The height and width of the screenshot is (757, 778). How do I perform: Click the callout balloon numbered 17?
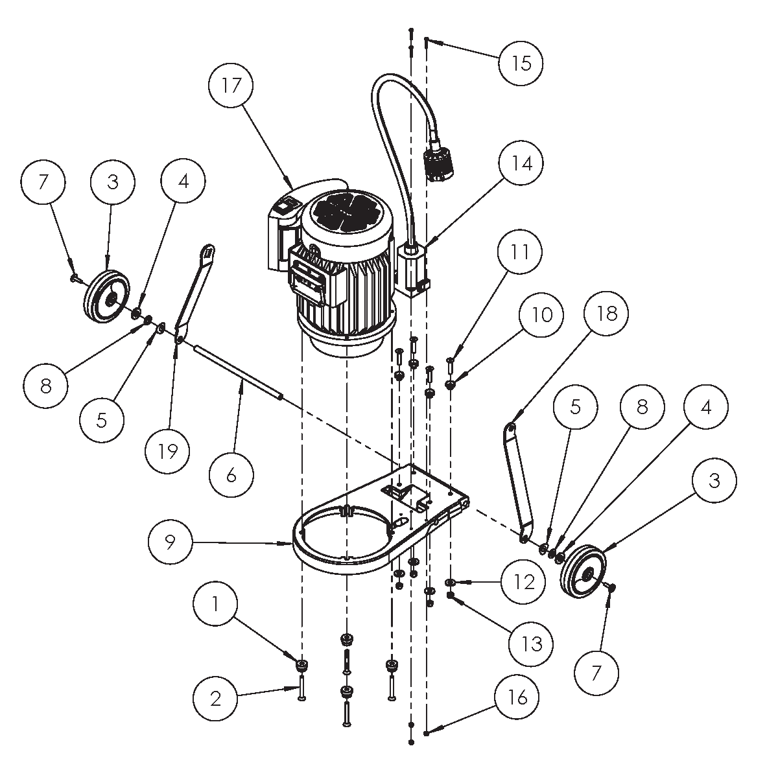(x=231, y=86)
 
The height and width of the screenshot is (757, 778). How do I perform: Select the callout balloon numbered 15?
(x=521, y=63)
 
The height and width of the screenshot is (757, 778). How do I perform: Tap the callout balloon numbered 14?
(x=521, y=163)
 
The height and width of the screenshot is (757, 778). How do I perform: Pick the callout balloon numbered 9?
(x=170, y=542)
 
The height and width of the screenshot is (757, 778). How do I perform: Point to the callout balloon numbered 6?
(x=231, y=475)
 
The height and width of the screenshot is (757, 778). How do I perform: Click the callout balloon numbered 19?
(x=168, y=450)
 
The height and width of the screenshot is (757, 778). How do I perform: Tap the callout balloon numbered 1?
(x=215, y=604)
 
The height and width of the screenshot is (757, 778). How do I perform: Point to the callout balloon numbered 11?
(x=520, y=251)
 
